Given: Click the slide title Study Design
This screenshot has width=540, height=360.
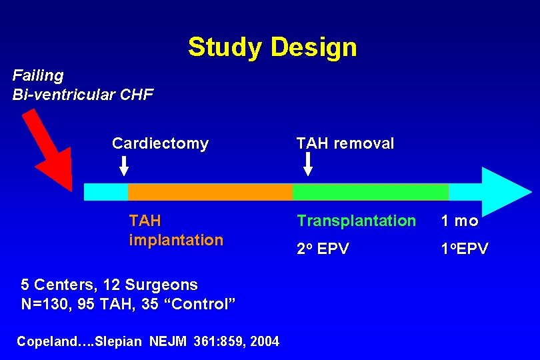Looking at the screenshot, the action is pyautogui.click(x=272, y=47).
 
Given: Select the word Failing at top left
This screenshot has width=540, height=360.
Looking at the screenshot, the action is pyautogui.click(x=38, y=75).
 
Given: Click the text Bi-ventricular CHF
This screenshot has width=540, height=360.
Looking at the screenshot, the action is pyautogui.click(x=83, y=95).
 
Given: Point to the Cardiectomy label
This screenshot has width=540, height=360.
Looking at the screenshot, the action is pyautogui.click(x=160, y=143).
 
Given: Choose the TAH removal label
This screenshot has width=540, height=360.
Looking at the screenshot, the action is pyautogui.click(x=345, y=143).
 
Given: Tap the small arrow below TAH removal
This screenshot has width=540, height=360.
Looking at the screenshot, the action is pyautogui.click(x=307, y=165).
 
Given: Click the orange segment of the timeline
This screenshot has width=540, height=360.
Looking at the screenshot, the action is pyautogui.click(x=209, y=192).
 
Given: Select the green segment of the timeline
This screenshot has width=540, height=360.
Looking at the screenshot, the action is pyautogui.click(x=370, y=192).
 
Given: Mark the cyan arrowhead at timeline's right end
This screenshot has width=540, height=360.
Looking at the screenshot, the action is pyautogui.click(x=504, y=191).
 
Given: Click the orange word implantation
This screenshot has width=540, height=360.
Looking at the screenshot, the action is pyautogui.click(x=176, y=240).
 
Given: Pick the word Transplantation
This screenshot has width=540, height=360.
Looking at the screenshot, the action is pyautogui.click(x=356, y=221).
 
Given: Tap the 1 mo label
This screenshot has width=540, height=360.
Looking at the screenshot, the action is pyautogui.click(x=459, y=221).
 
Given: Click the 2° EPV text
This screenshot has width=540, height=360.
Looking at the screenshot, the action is pyautogui.click(x=323, y=249).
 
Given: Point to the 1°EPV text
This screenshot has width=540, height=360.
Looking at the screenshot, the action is pyautogui.click(x=464, y=249).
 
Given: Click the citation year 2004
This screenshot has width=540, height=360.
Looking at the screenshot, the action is pyautogui.click(x=264, y=342).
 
